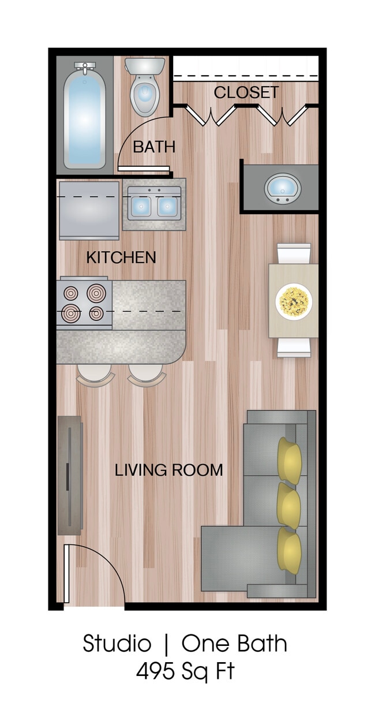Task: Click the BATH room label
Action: (x=154, y=147)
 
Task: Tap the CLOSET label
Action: (x=246, y=92)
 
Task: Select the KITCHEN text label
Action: (x=121, y=257)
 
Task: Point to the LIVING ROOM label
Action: (x=169, y=470)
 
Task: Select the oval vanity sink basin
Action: (x=283, y=188)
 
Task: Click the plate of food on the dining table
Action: (x=294, y=301)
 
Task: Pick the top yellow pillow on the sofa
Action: (x=290, y=460)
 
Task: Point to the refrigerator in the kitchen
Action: (x=89, y=210)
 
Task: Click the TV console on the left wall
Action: (x=70, y=475)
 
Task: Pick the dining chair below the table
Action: (x=294, y=347)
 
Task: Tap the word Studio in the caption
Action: (x=117, y=644)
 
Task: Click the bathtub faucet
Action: (x=85, y=68)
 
